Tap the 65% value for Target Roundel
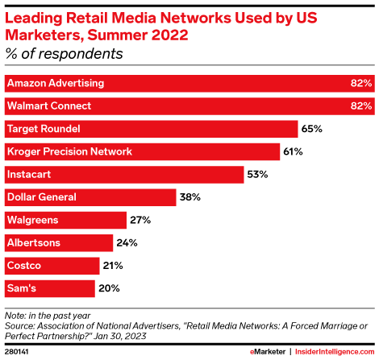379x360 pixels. (x=312, y=129)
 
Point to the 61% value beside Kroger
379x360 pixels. (x=292, y=151)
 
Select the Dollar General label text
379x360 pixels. (x=41, y=197)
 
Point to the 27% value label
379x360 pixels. (x=140, y=219)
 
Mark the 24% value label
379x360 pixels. (x=127, y=242)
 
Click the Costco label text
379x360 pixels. (x=24, y=265)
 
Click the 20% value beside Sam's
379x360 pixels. (x=109, y=288)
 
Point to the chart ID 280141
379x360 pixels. (x=18, y=351)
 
